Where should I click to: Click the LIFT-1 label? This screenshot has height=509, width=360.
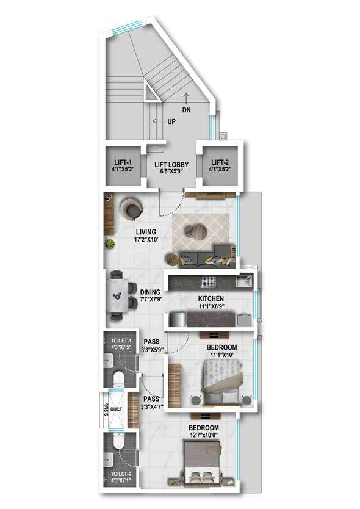pyautogui.click(x=123, y=162)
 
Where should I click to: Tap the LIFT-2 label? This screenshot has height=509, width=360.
pyautogui.click(x=220, y=162)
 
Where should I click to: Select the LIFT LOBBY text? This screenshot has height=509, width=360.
pyautogui.click(x=171, y=165)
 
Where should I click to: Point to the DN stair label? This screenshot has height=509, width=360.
pyautogui.click(x=186, y=110)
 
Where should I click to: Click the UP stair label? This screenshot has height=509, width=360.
pyautogui.click(x=171, y=121)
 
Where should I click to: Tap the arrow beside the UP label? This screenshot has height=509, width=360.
pyautogui.click(x=159, y=121)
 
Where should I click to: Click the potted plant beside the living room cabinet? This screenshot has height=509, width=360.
pyautogui.click(x=110, y=244)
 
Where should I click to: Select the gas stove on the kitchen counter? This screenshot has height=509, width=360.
pyautogui.click(x=208, y=281)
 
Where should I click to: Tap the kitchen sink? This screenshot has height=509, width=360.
pyautogui.click(x=243, y=281)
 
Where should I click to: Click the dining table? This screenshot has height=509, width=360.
pyautogui.click(x=117, y=295)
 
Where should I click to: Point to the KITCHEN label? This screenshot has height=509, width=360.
pyautogui.click(x=211, y=298)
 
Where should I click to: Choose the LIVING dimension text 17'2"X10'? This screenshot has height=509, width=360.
pyautogui.click(x=146, y=240)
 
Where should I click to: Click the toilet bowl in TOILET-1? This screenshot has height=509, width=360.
pyautogui.click(x=119, y=379)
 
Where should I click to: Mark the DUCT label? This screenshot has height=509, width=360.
pyautogui.click(x=116, y=410)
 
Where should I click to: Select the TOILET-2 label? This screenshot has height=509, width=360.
pyautogui.click(x=121, y=474)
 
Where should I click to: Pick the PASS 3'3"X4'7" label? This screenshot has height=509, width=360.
pyautogui.click(x=151, y=402)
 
